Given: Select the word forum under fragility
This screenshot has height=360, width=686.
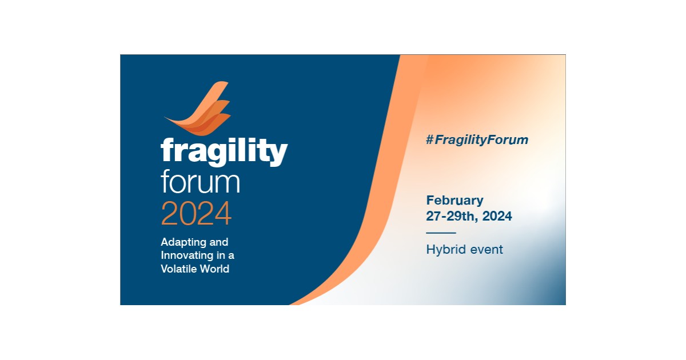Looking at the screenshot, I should tap(200, 182).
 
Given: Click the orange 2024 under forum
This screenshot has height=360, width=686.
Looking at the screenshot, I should tap(196, 213).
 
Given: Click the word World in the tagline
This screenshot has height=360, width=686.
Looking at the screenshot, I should tap(215, 269).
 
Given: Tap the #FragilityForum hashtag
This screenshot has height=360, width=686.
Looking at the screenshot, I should tap(477, 139).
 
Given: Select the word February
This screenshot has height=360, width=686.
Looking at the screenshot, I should tap(454, 201).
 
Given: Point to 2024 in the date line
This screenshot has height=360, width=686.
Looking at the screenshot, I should tap(497, 217).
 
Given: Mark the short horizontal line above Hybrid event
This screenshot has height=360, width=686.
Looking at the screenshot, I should tap(441, 233).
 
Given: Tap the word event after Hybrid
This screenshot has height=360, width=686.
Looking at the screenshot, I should tap(485, 249).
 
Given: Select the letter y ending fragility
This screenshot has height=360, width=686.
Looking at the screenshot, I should tap(278, 154).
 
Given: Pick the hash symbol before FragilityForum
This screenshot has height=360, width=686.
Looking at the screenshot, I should tap(430, 139).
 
